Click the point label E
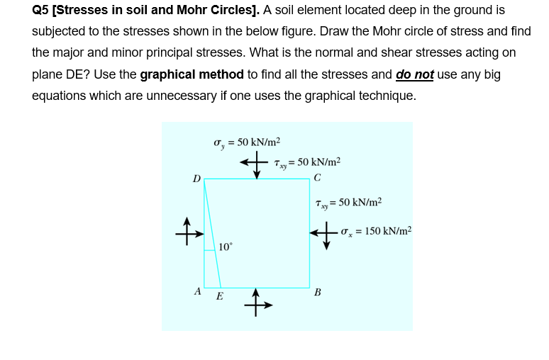point(219,296)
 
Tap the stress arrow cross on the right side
point(325,232)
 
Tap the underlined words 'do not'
point(414,74)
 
